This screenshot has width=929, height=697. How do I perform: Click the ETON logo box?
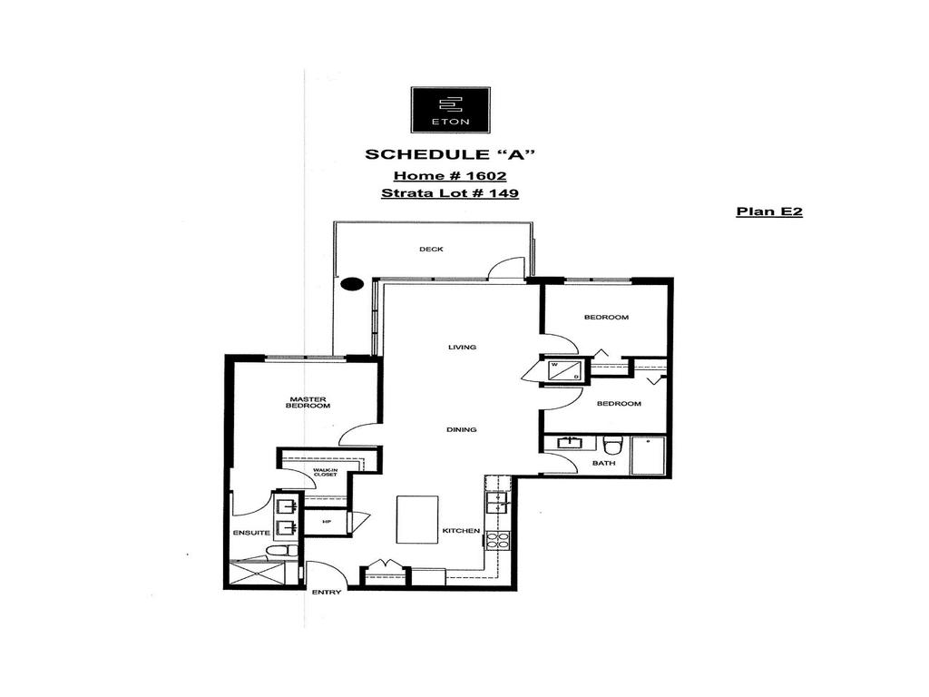450,110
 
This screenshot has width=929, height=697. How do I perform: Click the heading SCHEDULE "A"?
449,153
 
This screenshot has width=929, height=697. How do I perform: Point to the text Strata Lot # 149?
449,192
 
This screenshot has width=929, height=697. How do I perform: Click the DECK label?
431,250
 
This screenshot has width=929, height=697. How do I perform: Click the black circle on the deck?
351,284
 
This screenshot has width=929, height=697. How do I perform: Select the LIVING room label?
462,347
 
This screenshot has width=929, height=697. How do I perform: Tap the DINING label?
462,429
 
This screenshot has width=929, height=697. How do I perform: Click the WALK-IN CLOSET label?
325,472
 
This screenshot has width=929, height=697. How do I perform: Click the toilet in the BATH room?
613,445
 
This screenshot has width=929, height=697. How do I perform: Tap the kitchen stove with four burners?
497,542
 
